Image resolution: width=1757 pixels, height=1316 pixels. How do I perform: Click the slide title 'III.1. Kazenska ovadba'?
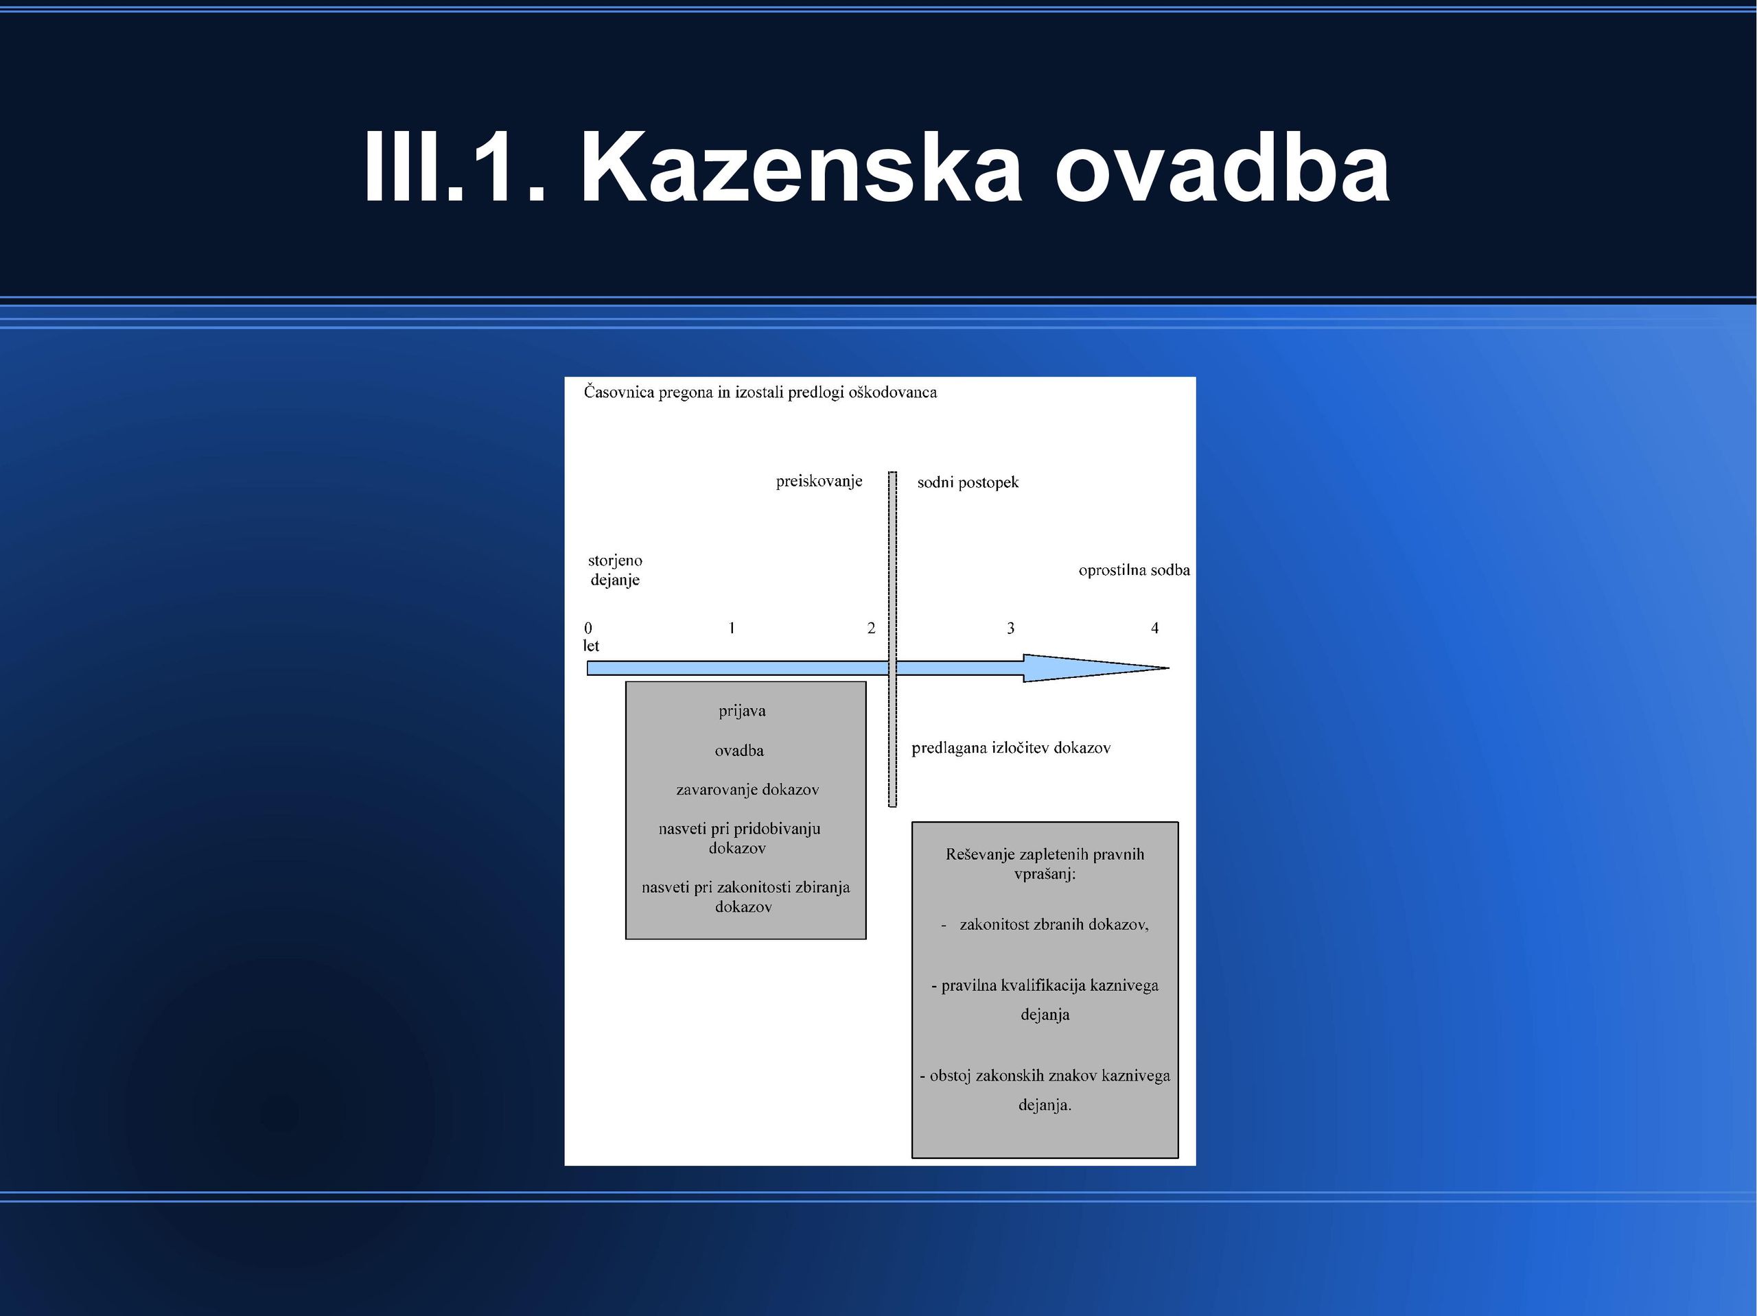point(877,167)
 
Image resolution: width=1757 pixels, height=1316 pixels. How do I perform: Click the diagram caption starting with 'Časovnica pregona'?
point(760,392)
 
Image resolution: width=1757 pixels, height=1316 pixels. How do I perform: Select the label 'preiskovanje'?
point(819,481)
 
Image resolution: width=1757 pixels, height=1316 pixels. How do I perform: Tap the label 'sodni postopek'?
point(968,482)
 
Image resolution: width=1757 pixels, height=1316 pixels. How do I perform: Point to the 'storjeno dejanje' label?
point(615,570)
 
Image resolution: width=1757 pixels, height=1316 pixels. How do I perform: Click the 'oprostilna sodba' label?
point(1135,569)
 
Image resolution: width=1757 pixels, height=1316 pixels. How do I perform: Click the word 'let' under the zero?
point(591,646)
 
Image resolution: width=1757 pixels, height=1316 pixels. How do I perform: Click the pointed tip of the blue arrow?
point(1168,668)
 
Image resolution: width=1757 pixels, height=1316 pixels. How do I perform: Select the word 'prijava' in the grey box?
point(743,711)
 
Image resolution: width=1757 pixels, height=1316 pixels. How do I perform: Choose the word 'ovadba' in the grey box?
point(739,751)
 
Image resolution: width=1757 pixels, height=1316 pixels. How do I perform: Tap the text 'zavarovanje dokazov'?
point(747,790)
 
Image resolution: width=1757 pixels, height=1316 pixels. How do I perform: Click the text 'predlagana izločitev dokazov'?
point(1011,748)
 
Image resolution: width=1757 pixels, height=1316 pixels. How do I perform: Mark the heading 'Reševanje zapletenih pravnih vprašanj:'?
point(1045,864)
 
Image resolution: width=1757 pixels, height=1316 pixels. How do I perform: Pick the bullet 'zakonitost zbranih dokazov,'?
point(1054,924)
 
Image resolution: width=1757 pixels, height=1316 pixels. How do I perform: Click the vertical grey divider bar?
point(893,639)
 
